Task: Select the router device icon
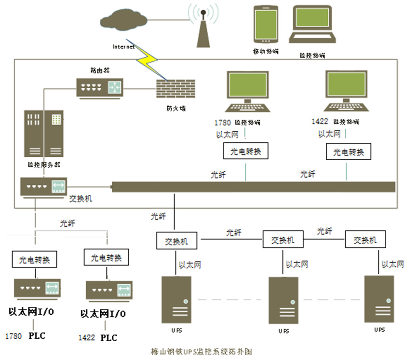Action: click(x=100, y=87)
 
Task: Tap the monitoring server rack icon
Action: click(x=45, y=135)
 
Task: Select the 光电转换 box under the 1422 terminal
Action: click(x=349, y=152)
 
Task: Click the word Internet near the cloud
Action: click(x=124, y=47)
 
